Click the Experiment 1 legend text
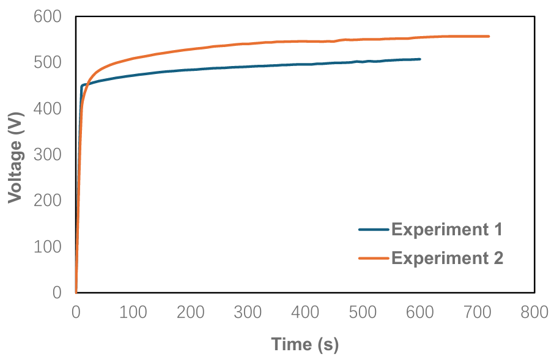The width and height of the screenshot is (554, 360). pos(446,230)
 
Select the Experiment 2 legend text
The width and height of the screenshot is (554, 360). pos(446,258)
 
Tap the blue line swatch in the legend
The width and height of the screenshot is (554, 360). pos(374,230)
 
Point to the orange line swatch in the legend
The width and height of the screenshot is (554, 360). pos(374,258)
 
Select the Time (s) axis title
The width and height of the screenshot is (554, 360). pos(305,345)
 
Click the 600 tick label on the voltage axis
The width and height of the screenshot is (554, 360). pos(48,17)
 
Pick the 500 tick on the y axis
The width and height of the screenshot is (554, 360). pos(48,63)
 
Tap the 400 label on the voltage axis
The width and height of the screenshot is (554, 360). pos(48,109)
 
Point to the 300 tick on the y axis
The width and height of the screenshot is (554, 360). pos(48,155)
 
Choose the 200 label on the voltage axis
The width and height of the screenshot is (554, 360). pos(48,200)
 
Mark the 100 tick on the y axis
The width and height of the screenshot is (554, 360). pos(48,246)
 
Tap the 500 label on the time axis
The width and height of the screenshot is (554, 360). pos(362,312)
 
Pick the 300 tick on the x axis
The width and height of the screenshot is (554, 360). pos(248,312)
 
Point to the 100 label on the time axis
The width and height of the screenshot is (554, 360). pos(133,312)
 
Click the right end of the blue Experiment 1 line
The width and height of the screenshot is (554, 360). pos(420,59)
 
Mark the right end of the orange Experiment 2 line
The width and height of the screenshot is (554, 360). pos(489,37)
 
